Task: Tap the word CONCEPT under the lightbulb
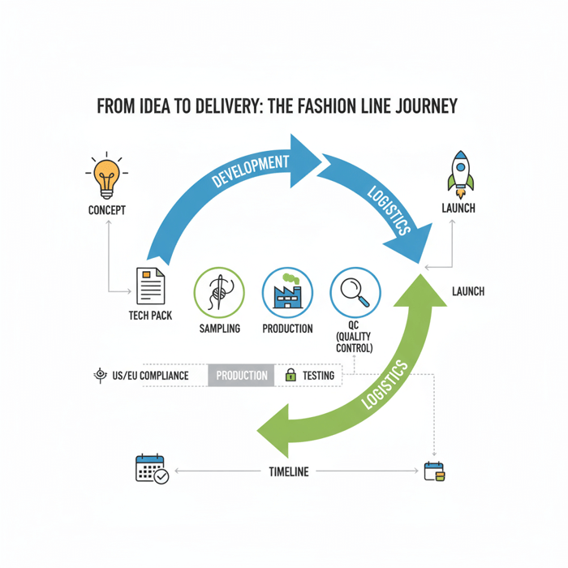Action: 106,210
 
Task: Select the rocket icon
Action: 460,174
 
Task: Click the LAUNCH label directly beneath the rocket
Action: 458,209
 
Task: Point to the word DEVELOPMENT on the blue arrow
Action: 251,171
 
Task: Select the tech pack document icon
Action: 150,286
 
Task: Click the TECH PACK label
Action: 150,316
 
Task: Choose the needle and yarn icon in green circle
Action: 219,292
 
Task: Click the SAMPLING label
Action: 219,329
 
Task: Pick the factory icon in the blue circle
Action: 287,292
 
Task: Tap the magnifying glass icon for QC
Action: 355,292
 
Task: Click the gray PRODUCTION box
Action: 241,376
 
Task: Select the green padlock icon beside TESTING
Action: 290,376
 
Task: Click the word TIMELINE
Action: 288,471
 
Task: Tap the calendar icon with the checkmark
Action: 152,470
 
